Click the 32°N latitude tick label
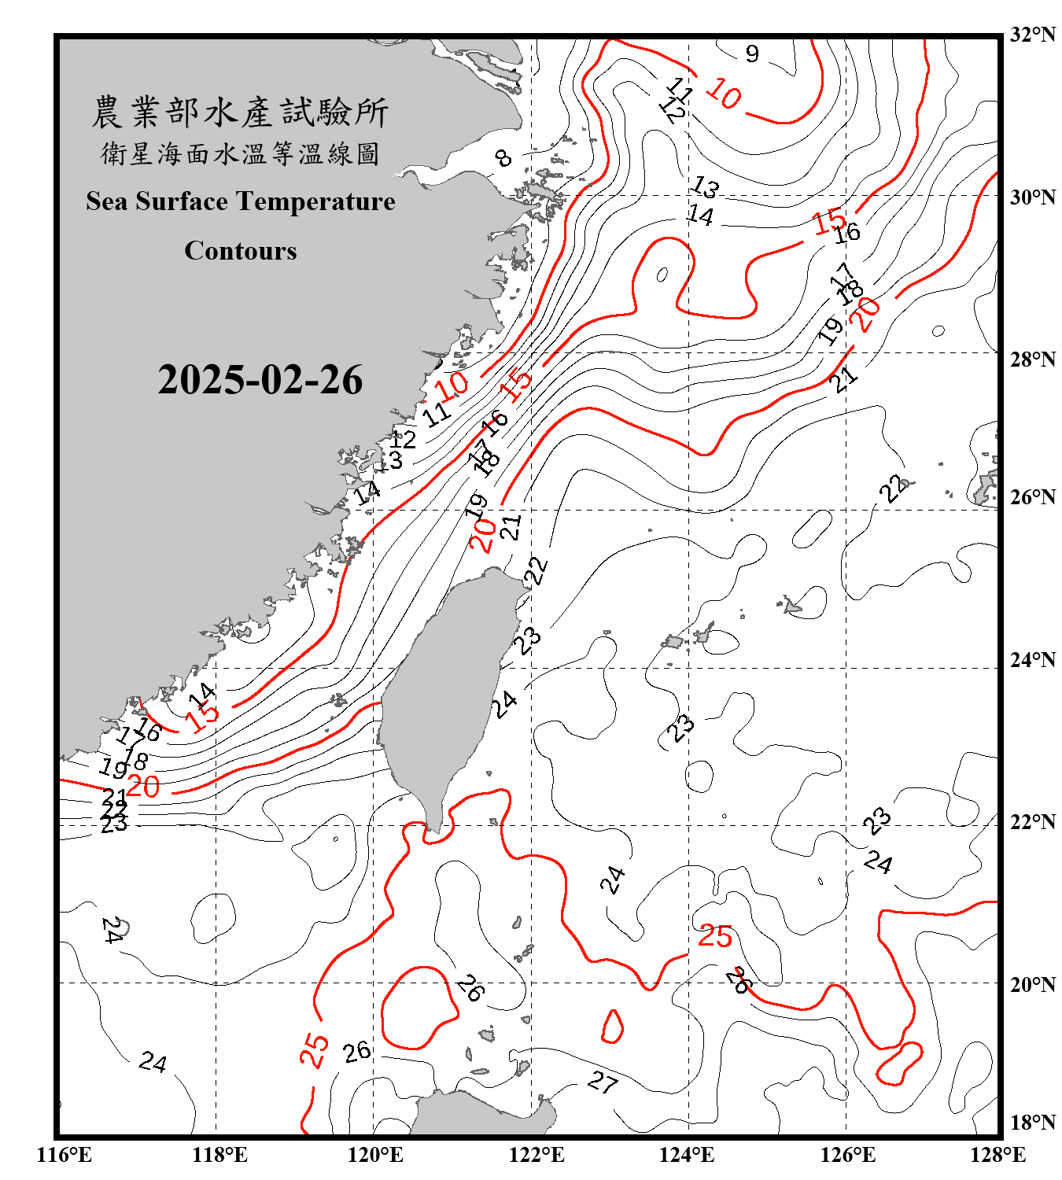(x=1032, y=35)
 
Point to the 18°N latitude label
(x=1032, y=1122)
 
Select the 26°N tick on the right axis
(x=1032, y=497)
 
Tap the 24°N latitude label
(x=1032, y=659)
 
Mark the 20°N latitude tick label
(x=1032, y=983)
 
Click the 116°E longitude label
(x=65, y=1155)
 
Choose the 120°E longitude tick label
(x=375, y=1155)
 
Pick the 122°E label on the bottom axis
(x=537, y=1155)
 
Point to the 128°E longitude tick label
(x=997, y=1155)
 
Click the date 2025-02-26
(x=260, y=380)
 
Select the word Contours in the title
(x=241, y=251)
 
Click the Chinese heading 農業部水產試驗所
(x=240, y=112)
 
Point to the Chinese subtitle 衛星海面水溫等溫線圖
(x=240, y=153)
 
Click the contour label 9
(x=752, y=53)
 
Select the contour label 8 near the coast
(x=503, y=158)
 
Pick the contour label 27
(x=603, y=1082)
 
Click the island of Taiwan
(x=444, y=692)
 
